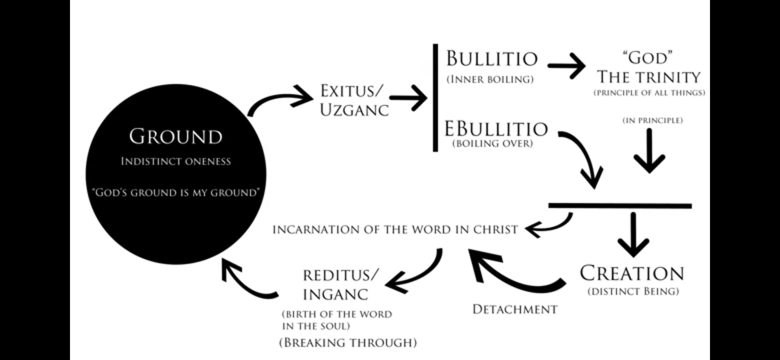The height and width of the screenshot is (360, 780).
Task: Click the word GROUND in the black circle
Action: pos(176,137)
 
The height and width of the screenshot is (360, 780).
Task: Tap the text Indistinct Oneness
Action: pos(176,162)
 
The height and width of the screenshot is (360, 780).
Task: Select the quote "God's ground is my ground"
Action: pos(176,193)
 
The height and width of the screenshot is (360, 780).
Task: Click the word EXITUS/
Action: pos(352,91)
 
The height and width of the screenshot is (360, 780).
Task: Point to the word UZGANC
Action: pos(354,110)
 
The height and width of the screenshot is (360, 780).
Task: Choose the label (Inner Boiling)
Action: pos(490,79)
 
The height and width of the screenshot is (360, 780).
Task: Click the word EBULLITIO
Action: pos(496,129)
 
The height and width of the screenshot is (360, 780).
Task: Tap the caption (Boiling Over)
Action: pos(493,144)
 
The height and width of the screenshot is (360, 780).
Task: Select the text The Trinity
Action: pos(649,77)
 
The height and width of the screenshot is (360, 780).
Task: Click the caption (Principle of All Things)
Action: pos(649,93)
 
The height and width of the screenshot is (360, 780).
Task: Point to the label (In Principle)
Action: pos(653,120)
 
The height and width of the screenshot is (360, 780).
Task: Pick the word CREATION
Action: pos(632,274)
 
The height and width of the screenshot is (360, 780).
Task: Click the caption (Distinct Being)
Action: pos(633,292)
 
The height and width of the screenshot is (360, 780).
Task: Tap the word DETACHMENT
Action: pos(515,310)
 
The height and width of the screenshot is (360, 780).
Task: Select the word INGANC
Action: pos(335,295)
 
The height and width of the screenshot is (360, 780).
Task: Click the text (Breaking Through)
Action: pos(348,343)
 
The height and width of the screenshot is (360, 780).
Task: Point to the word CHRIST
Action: pos(496,230)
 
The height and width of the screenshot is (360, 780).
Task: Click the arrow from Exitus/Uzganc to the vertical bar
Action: pos(409,98)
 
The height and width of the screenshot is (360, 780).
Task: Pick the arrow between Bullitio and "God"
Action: pos(567,66)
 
